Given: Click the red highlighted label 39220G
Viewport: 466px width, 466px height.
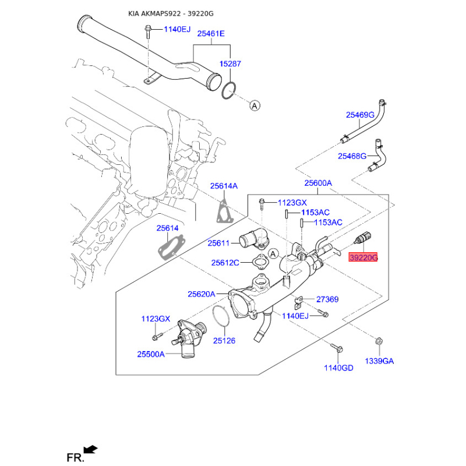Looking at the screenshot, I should click(363, 257).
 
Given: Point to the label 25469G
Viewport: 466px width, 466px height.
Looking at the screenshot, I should click(360, 115).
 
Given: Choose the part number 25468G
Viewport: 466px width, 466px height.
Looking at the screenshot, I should click(352, 156).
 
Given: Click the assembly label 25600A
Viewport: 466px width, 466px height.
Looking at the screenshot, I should click(317, 183).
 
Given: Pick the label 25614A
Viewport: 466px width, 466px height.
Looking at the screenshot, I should click(224, 186).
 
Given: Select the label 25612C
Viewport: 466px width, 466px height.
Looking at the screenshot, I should click(225, 263).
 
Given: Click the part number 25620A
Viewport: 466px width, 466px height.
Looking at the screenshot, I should click(201, 294).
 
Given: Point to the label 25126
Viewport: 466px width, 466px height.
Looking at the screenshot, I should click(224, 340).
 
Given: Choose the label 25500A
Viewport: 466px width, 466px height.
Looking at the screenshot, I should click(151, 354).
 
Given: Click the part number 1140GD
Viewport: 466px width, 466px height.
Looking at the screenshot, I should click(339, 368).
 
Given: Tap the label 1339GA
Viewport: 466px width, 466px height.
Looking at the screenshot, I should click(379, 361).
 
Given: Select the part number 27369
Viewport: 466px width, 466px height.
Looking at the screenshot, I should click(327, 299).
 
